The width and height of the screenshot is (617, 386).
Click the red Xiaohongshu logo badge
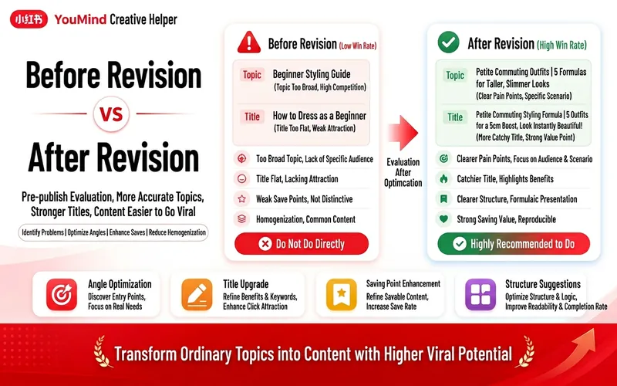[x=29, y=19]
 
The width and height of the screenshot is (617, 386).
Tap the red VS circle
[x=111, y=114]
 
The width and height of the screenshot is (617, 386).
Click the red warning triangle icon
[x=248, y=42]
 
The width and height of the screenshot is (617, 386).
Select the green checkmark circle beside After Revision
[x=448, y=42]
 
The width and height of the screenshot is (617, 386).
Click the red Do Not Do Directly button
[x=302, y=244]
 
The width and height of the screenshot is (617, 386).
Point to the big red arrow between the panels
[x=403, y=133]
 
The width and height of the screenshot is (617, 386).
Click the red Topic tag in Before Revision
[x=252, y=75]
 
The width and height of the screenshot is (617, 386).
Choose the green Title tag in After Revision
[x=455, y=117]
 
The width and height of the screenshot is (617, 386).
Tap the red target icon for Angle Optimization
[x=62, y=295]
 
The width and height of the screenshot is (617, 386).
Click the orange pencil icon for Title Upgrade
[x=197, y=295]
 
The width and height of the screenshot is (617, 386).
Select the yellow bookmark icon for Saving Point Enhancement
[x=341, y=295]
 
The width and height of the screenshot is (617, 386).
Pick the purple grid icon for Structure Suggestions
[x=480, y=295]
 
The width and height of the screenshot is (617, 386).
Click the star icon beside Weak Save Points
[x=241, y=199]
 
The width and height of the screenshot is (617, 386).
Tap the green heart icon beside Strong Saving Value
[x=443, y=219]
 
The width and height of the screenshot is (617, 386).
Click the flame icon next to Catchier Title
[x=443, y=179]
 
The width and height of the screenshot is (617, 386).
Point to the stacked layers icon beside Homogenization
[x=241, y=219]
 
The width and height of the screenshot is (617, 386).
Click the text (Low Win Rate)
[x=358, y=46]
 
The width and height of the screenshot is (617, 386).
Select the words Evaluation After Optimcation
[x=403, y=172]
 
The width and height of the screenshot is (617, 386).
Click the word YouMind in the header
[x=80, y=19]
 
